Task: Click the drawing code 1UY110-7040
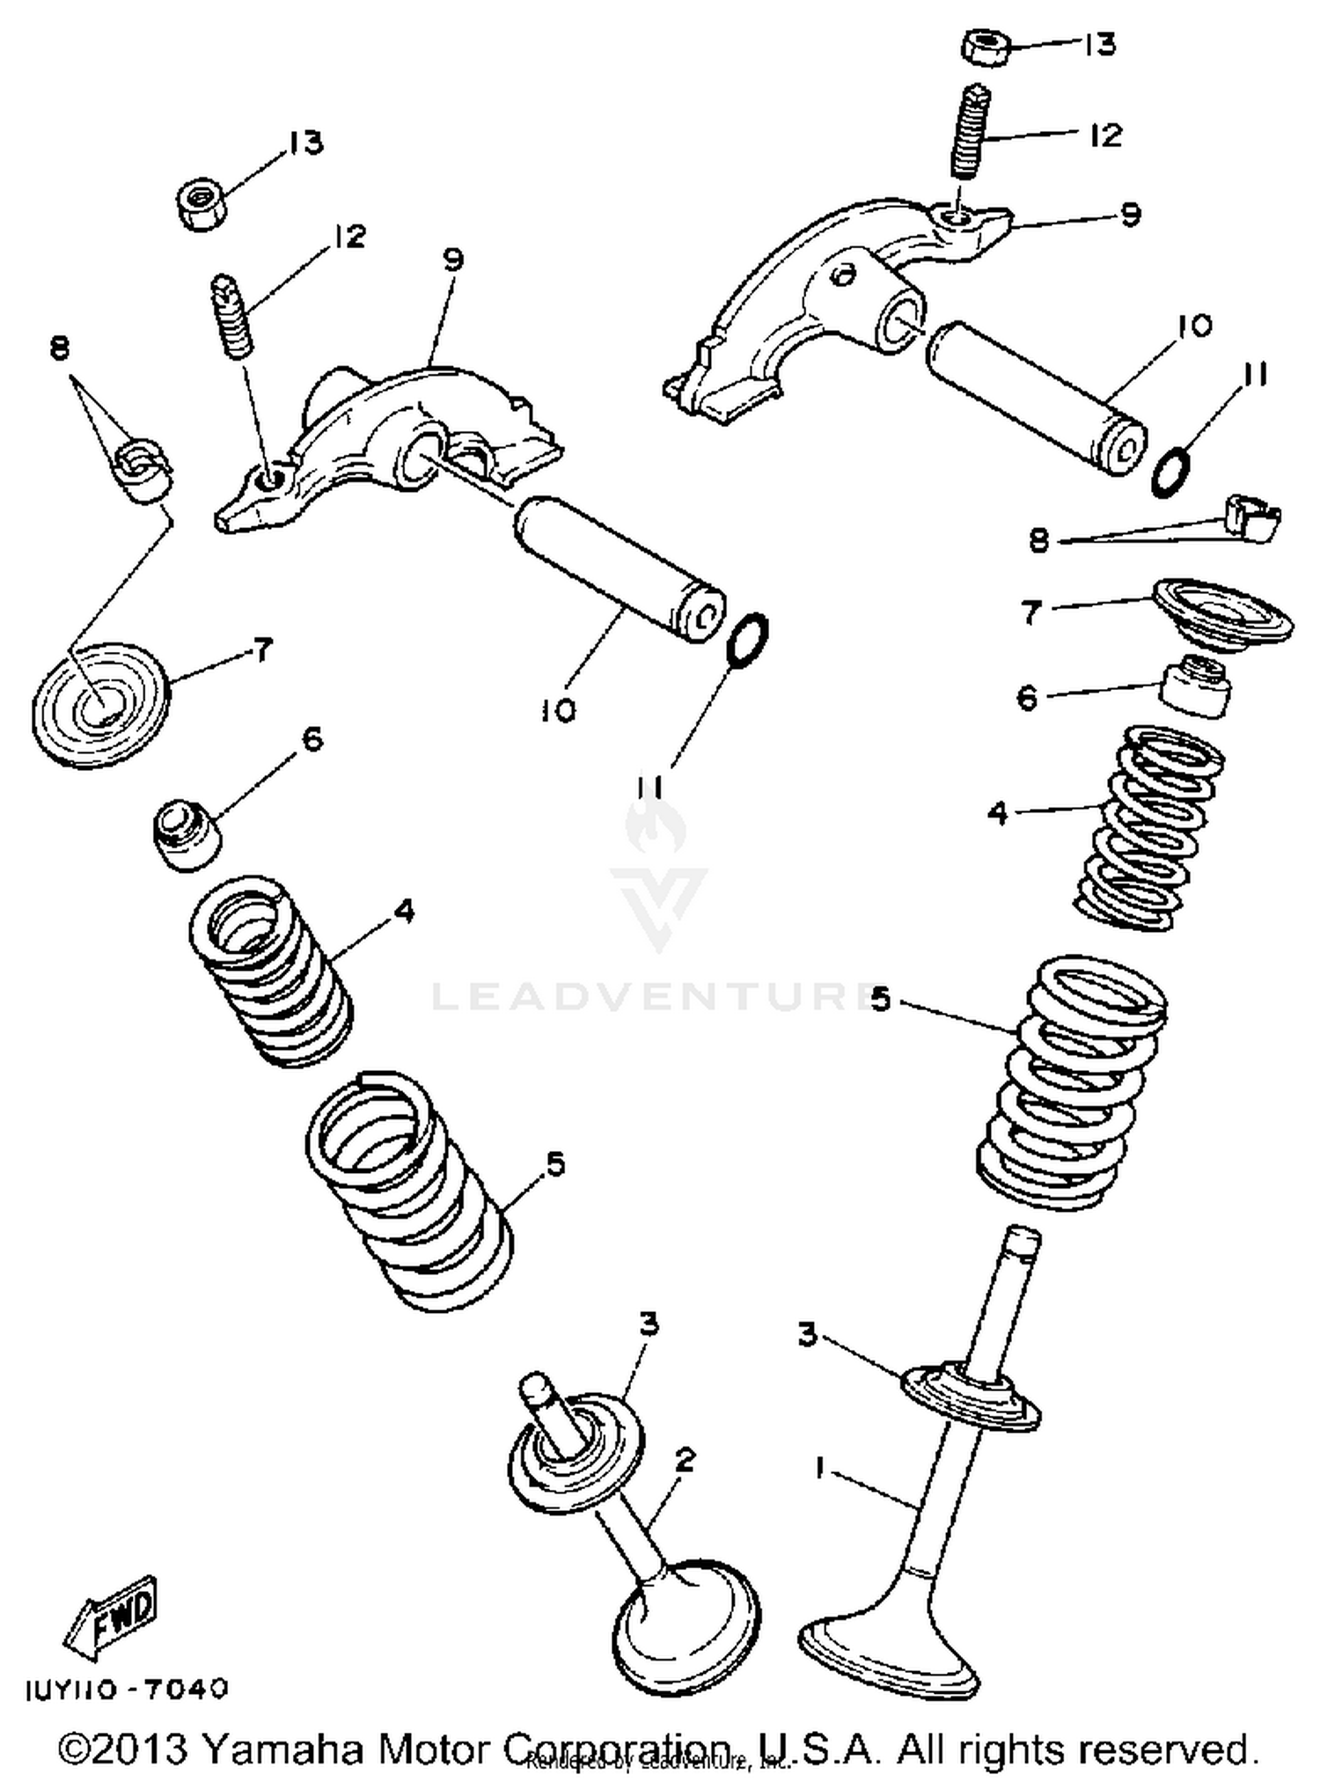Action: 127,1689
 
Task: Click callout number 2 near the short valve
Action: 685,1460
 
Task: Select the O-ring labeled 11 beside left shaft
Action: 747,640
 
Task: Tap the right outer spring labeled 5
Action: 1071,1082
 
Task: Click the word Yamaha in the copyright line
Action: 282,1749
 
